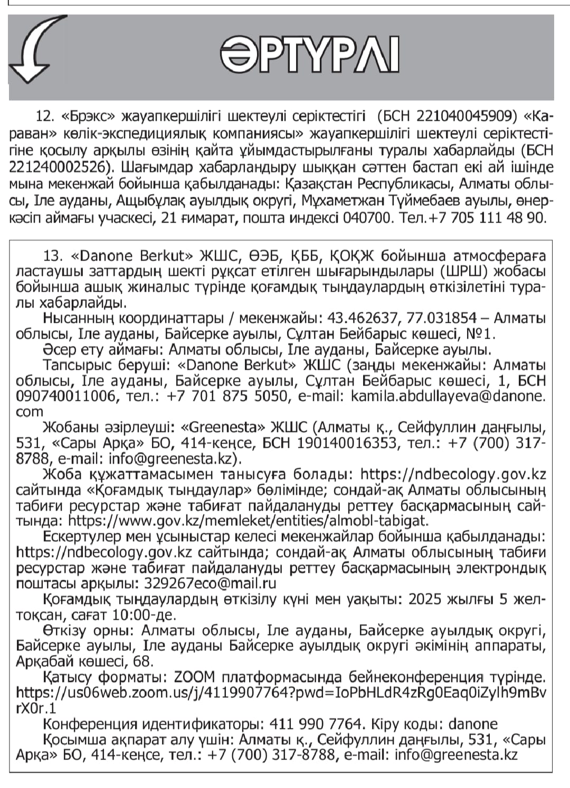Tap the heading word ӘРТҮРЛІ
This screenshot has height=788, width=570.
coord(309,55)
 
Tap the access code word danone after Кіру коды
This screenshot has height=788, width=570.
coord(470,724)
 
